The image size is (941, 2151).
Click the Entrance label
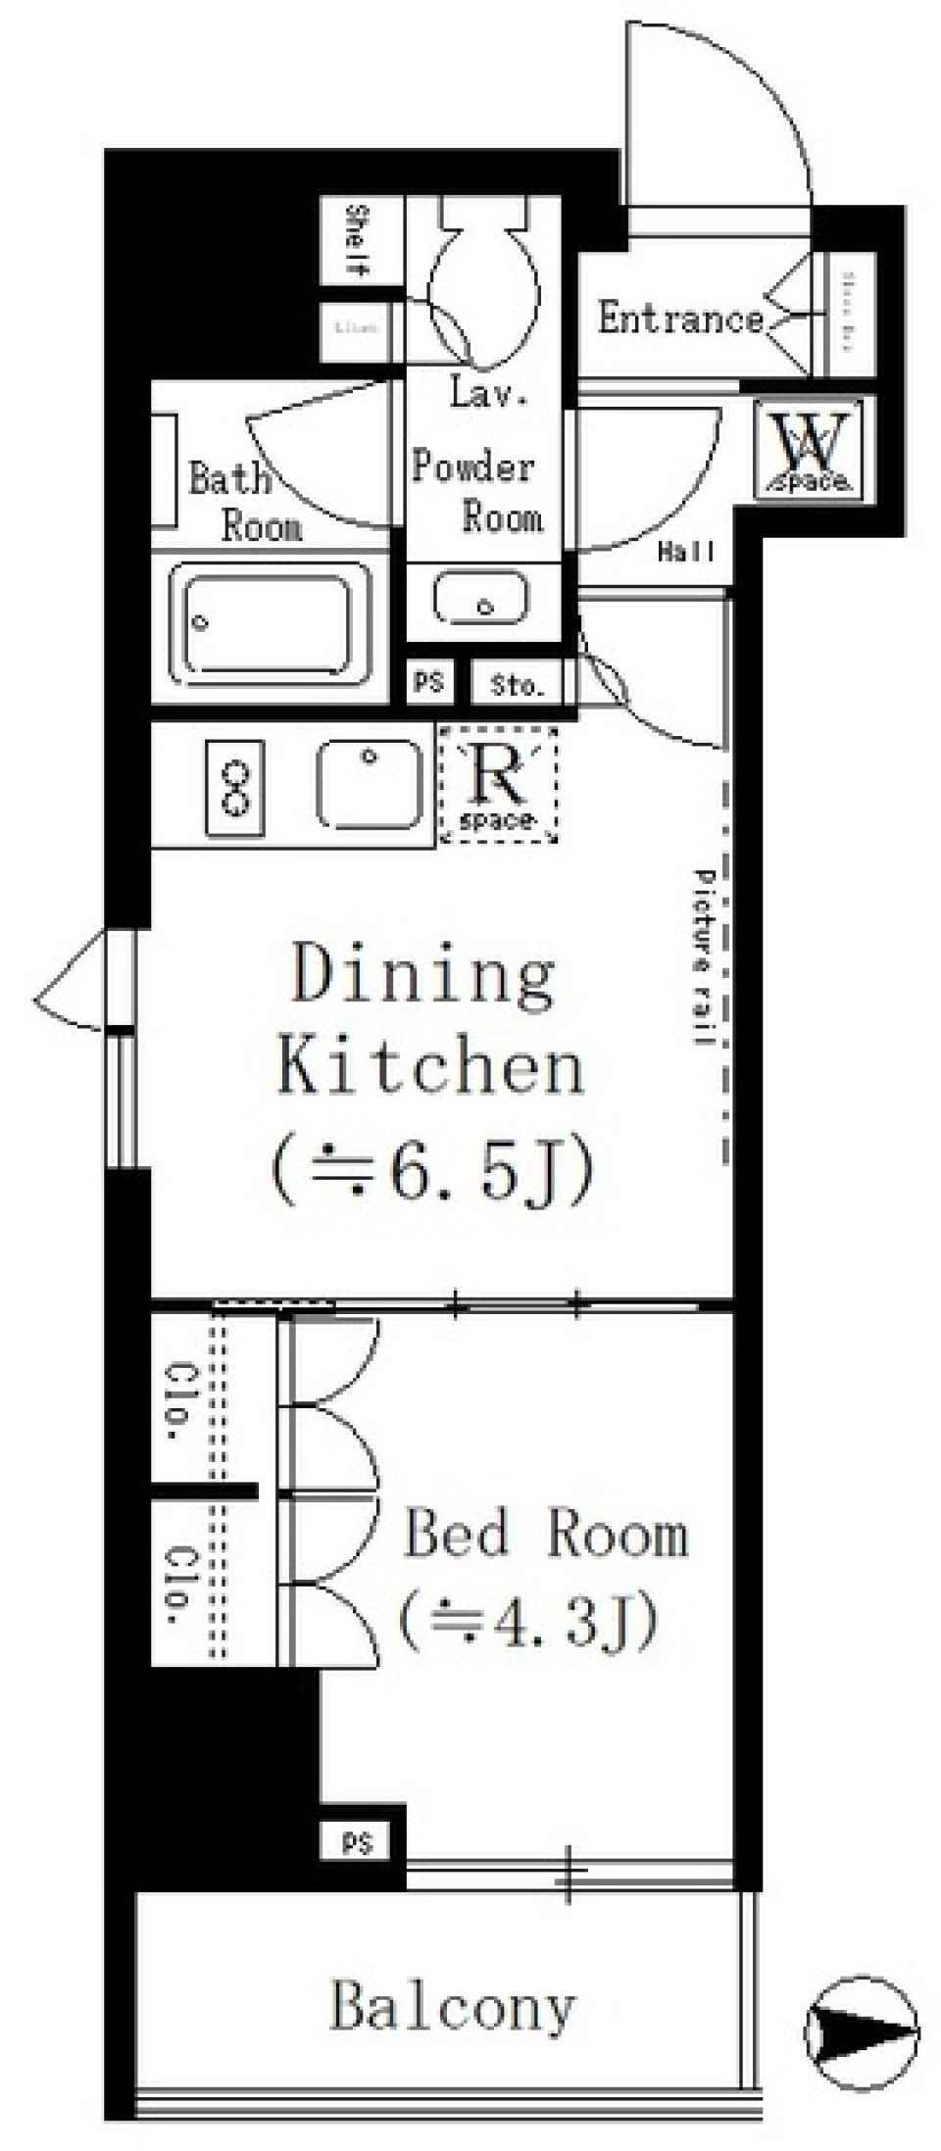pyautogui.click(x=680, y=318)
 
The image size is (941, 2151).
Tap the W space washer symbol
pyautogui.click(x=810, y=449)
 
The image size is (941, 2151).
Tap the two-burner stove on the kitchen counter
pyautogui.click(x=234, y=789)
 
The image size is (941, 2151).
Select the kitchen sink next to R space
pyautogui.click(x=371, y=784)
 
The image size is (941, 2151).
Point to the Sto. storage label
pyautogui.click(x=516, y=685)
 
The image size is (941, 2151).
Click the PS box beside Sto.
pyautogui.click(x=428, y=682)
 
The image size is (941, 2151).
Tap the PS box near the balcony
pyautogui.click(x=358, y=1843)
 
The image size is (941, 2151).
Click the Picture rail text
pyautogui.click(x=702, y=956)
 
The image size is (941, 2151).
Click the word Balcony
pyautogui.click(x=452, y=2005)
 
